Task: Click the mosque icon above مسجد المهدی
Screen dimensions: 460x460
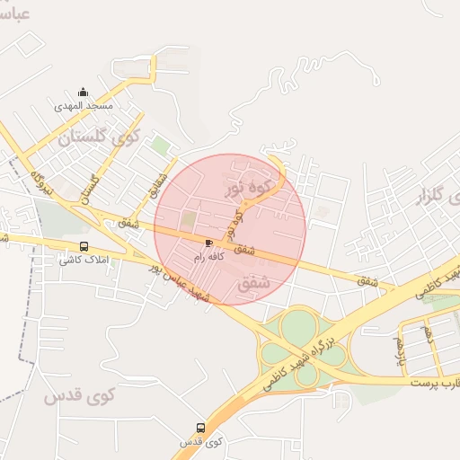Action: coord(84,92)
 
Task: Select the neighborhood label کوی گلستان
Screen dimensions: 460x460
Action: coord(100,137)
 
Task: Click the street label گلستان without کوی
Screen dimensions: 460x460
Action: coord(90,189)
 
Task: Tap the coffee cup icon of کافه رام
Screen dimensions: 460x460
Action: coord(209,243)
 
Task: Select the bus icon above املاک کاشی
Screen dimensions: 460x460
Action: coord(84,247)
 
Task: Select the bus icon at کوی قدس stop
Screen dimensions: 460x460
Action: coord(200,429)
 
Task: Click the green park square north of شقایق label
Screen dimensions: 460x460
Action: coord(160,145)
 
